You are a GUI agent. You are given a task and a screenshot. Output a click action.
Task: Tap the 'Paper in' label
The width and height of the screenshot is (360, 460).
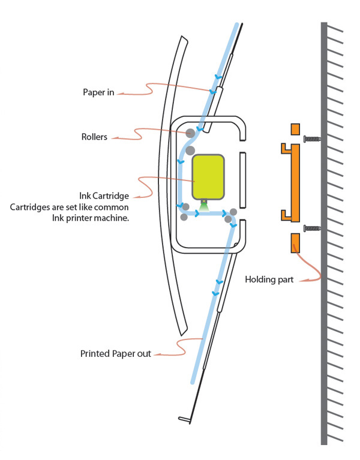(x=98, y=92)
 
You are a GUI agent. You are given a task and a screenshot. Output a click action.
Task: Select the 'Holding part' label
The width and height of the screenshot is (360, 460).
(x=269, y=279)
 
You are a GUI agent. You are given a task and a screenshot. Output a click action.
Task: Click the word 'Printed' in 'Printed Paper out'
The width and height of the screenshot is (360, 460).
(x=95, y=354)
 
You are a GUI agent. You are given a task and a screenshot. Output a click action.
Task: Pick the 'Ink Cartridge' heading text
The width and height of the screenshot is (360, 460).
(x=104, y=196)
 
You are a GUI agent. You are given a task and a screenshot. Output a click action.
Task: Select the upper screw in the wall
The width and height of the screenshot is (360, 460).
(x=311, y=139)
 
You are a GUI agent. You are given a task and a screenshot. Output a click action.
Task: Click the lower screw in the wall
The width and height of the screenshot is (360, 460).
(x=311, y=227)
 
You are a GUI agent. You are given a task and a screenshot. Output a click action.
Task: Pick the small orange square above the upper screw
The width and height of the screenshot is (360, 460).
(x=294, y=129)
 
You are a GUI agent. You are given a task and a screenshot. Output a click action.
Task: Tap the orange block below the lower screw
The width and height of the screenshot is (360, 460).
(x=294, y=243)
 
